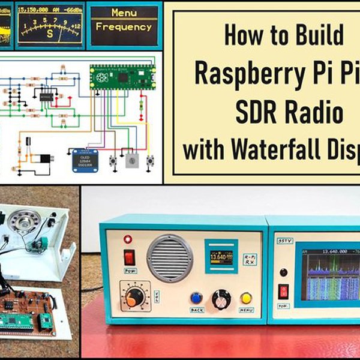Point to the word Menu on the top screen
pyautogui.click(x=124, y=13)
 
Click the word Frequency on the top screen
pyautogui.click(x=124, y=26)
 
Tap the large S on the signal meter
pyautogui.click(x=50, y=34)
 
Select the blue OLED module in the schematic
pyautogui.click(x=85, y=160)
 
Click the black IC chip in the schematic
pyautogui.click(x=47, y=95)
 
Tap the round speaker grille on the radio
pyautogui.click(x=171, y=258)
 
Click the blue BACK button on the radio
pyautogui.click(x=196, y=298)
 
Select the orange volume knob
pyautogui.click(x=134, y=297)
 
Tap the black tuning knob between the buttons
pyautogui.click(x=221, y=298)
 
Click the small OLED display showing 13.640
pyautogui.click(x=221, y=257)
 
